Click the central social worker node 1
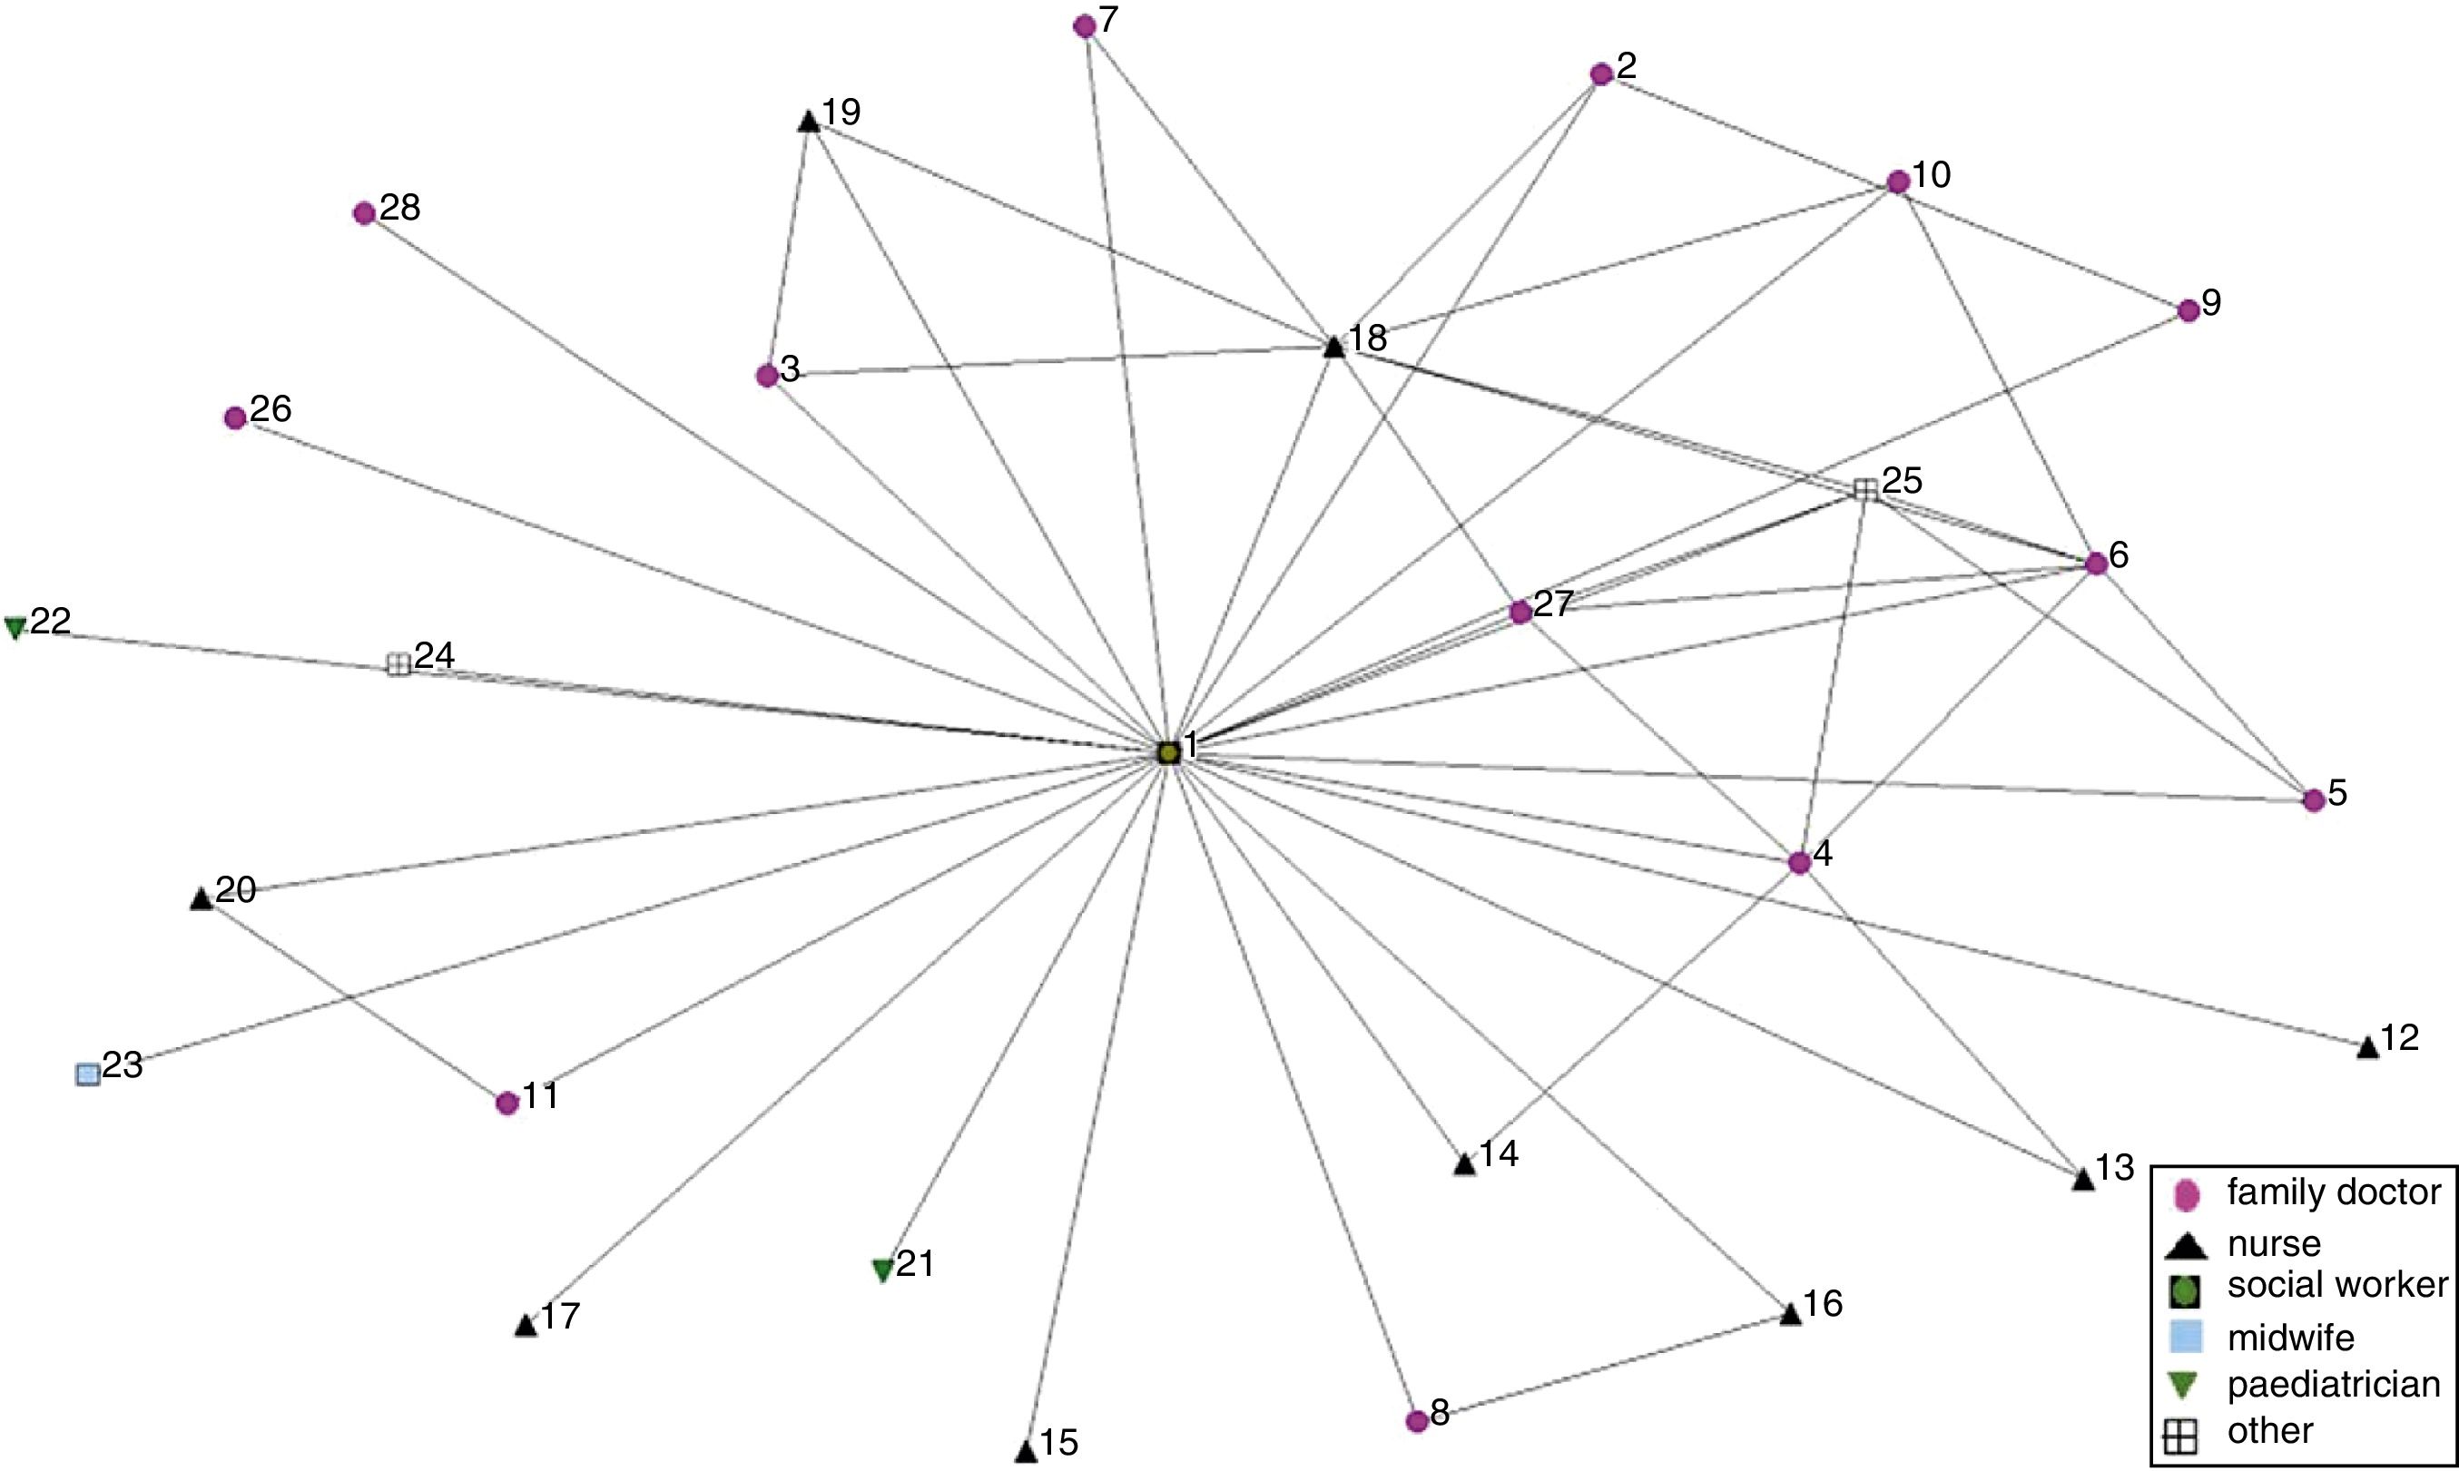point(1168,752)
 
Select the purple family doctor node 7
point(1084,26)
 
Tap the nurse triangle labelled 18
point(1334,347)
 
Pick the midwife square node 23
point(88,1074)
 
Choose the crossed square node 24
point(398,664)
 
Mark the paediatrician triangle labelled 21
point(882,1270)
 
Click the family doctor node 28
point(364,213)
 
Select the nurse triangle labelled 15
point(1027,1452)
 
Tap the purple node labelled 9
point(2189,310)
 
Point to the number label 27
point(1554,603)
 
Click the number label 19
point(841,112)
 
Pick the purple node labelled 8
point(1417,1420)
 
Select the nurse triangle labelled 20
point(202,899)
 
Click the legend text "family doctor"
point(2333,1192)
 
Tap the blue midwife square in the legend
point(2186,1338)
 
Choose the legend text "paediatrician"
point(2333,1385)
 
